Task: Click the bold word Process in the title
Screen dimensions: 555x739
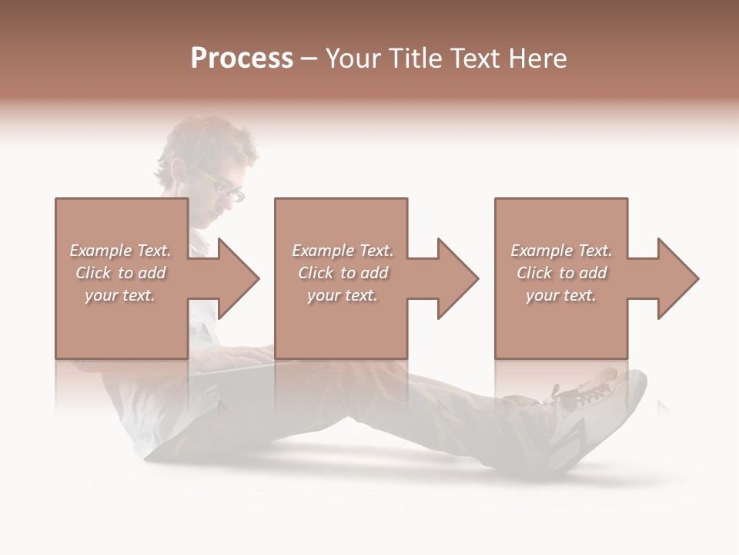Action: point(242,59)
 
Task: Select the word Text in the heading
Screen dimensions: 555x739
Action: point(474,59)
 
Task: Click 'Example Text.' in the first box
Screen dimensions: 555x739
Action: point(120,251)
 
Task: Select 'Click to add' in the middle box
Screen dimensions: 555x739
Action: point(343,273)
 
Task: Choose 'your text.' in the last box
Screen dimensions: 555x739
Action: point(560,295)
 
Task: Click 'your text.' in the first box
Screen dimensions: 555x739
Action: point(120,295)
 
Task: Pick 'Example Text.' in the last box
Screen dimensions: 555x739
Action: point(560,251)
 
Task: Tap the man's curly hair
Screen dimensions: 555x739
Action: point(208,139)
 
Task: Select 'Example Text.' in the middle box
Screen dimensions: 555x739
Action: point(343,251)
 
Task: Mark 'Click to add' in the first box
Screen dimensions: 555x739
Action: point(120,273)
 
